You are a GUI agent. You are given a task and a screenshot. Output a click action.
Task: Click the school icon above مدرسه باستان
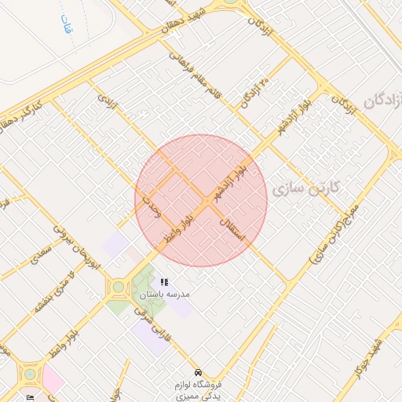coord(163,282)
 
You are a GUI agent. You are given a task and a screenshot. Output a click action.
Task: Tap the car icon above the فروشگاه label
coord(197,371)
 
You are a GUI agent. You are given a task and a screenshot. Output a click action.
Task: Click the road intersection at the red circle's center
coord(201,201)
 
